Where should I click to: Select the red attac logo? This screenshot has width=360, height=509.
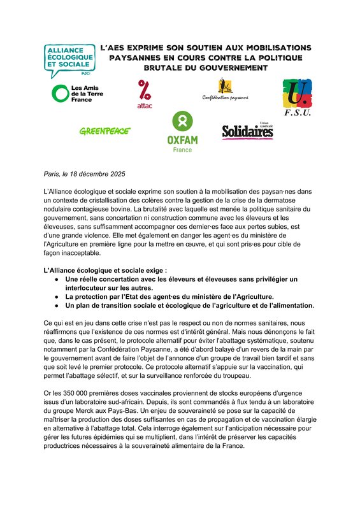(145, 94)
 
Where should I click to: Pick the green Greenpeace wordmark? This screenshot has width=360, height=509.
(104, 131)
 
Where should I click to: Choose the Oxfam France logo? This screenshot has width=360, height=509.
(182, 133)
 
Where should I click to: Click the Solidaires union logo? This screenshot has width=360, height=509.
(248, 131)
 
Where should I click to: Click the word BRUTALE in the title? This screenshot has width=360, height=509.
(167, 67)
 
